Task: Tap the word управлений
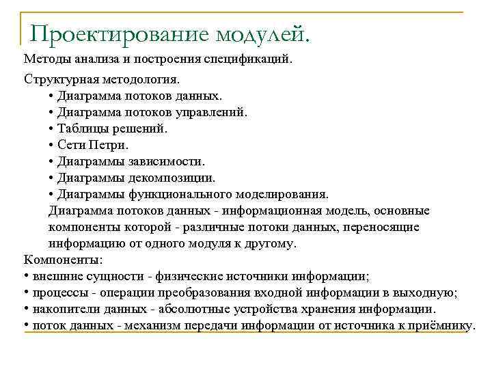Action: (x=213, y=112)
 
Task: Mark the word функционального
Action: (x=174, y=194)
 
